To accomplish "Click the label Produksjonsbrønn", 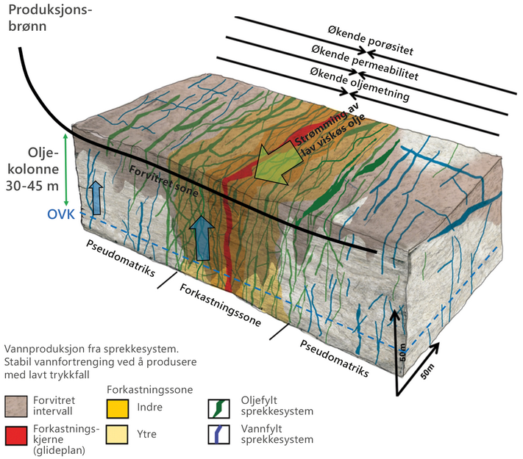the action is [x=50, y=18].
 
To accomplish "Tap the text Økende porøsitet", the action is [x=371, y=40].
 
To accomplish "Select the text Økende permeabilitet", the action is [x=365, y=62].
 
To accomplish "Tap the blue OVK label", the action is [x=61, y=214].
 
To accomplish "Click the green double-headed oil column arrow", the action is [x=66, y=170].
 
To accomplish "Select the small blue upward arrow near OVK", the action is [x=96, y=198].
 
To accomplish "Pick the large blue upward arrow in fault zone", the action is [x=202, y=238].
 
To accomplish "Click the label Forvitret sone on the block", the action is [x=163, y=181].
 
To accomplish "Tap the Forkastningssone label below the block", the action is [x=220, y=305].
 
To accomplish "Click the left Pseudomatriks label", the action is [x=121, y=259].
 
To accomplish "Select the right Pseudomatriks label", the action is [x=334, y=358].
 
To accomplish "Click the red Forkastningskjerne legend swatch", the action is [x=16, y=435].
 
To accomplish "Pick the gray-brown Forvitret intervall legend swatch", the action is [x=16, y=407].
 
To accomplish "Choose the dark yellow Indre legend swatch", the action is [x=118, y=409].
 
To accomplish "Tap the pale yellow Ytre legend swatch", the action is [x=117, y=434].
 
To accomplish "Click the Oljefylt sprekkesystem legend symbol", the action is [x=218, y=409].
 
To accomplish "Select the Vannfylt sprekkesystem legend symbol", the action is [x=218, y=434].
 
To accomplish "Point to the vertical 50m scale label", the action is [x=403, y=353].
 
